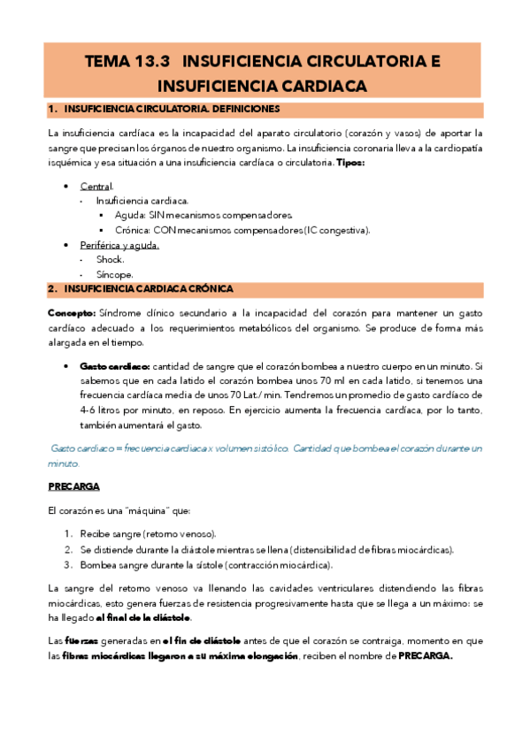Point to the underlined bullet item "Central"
pos(96,187)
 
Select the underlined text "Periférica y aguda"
pos(119,245)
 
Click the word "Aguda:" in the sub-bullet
pos(132,216)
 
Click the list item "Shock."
pos(111,259)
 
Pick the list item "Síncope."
pos(114,274)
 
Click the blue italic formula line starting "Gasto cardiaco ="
pos(265,448)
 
